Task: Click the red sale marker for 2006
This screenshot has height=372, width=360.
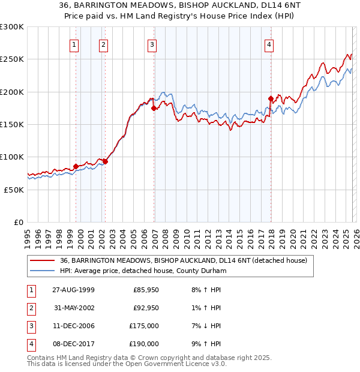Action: tap(154, 109)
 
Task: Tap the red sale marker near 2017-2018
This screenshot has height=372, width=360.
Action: tap(271, 98)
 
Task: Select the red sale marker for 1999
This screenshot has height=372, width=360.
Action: tap(76, 166)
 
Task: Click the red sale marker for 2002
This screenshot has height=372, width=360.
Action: tap(105, 161)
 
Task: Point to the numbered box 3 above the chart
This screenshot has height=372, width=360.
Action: tap(152, 44)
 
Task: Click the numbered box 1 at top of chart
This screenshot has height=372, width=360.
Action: tap(74, 44)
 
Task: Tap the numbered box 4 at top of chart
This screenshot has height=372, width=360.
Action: tap(269, 44)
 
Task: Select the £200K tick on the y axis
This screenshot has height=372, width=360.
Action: tap(12, 92)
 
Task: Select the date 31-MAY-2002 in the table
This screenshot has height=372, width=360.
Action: tap(74, 308)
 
